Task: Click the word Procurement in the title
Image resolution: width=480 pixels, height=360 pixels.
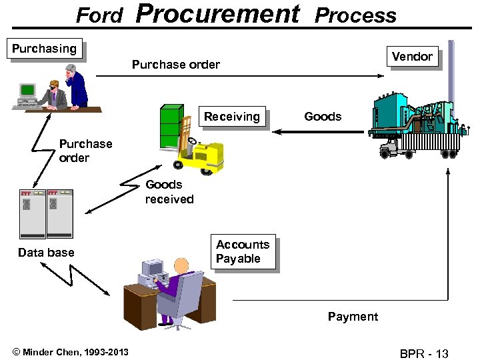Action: coord(219,13)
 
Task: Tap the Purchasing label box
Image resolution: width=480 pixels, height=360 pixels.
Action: coord(45,49)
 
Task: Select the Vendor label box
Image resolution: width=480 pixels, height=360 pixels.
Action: coord(412,57)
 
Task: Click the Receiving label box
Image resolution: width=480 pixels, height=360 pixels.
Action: coord(232,117)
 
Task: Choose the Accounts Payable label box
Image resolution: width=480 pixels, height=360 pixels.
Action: coord(243,252)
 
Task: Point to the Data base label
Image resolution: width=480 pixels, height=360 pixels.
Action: coord(46,253)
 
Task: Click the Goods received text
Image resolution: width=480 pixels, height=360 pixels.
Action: coord(169,192)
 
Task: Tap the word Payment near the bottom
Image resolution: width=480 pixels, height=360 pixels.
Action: coord(353,317)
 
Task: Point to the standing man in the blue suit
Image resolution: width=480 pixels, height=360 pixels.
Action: coord(75,85)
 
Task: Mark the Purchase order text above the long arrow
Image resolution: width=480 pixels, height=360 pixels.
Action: coord(176,65)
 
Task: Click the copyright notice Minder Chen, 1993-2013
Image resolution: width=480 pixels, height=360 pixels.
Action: coord(71,352)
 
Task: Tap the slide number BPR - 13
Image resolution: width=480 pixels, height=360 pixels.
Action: coord(424,353)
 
